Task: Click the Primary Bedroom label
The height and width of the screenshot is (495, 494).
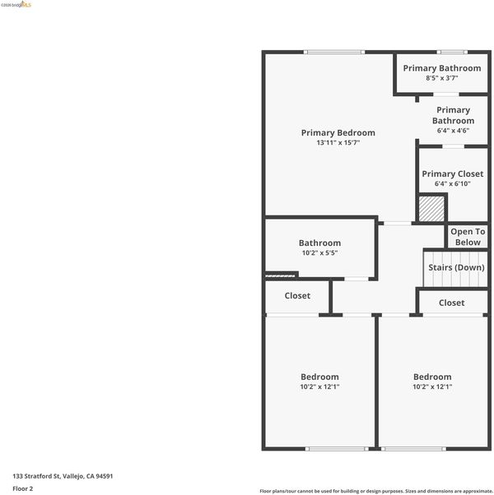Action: coord(338,133)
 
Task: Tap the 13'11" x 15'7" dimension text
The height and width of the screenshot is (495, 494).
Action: coord(338,143)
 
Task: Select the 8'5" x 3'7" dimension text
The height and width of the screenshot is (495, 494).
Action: coord(442,78)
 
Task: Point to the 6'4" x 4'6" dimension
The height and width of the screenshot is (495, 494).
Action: coord(453,131)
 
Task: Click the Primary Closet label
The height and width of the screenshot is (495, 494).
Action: coord(453,174)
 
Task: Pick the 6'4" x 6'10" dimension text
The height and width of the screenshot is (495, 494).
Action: coord(453,183)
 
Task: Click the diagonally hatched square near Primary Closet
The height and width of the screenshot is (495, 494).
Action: coord(431,209)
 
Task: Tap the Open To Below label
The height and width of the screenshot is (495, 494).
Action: coord(468,237)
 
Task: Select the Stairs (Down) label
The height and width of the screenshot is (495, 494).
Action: coord(456,268)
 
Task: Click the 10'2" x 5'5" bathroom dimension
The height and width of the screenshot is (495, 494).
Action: coord(319,253)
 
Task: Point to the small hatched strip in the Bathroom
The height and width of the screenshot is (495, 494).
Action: coord(280,276)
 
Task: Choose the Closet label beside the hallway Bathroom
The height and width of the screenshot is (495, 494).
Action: coord(297,296)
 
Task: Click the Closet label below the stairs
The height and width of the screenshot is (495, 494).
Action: coord(452,303)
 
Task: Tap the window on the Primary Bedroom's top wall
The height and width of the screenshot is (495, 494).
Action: coord(334,52)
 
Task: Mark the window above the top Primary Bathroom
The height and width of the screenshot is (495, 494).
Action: coord(452,52)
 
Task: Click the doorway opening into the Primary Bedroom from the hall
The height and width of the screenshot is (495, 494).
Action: coord(398,224)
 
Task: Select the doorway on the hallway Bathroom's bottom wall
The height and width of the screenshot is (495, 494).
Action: coord(357,279)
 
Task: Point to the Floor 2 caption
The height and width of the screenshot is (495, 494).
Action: coord(23,488)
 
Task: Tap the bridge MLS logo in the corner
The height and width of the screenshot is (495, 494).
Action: coord(16,5)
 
